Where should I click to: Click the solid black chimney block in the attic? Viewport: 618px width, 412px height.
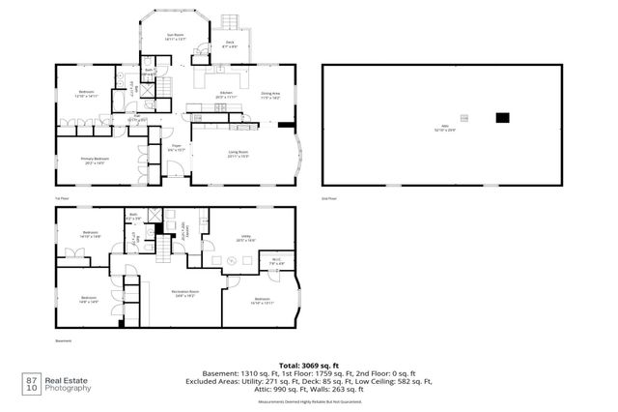point(501,118)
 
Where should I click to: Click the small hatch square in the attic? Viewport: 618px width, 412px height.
point(464,118)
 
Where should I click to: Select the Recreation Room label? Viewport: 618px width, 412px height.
point(185,293)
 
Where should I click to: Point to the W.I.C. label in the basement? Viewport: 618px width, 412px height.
point(275,260)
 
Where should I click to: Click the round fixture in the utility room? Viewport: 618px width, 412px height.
point(230,260)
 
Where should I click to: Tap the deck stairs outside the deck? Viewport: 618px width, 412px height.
point(230,22)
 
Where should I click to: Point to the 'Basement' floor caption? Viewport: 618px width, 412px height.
point(64,341)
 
